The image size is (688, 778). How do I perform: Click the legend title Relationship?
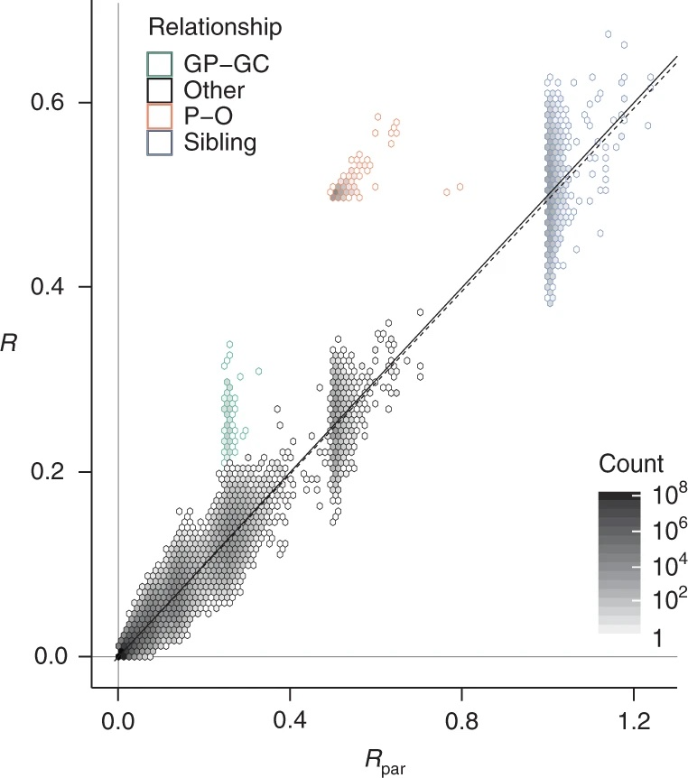(x=215, y=27)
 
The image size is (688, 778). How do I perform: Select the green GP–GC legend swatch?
(x=160, y=64)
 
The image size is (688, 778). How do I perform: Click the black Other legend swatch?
(x=160, y=90)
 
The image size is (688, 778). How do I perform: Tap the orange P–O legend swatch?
(x=160, y=116)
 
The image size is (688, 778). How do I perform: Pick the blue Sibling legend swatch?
(x=160, y=143)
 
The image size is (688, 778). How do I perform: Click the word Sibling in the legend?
(x=220, y=143)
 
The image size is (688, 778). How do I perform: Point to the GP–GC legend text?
(x=227, y=64)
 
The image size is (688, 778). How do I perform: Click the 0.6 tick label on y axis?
(x=48, y=102)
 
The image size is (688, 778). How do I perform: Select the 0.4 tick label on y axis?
(x=48, y=287)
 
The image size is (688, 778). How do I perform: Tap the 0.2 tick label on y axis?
(x=48, y=471)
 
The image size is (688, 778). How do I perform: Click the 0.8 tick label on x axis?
(x=461, y=721)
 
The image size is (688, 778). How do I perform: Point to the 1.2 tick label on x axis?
(x=634, y=721)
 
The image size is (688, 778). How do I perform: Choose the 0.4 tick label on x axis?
(x=290, y=721)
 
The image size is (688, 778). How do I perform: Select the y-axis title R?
(x=9, y=343)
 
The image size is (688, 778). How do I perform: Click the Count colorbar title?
(x=631, y=464)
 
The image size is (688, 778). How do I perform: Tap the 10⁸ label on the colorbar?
(x=663, y=496)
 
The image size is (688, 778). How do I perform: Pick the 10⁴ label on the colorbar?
(x=663, y=566)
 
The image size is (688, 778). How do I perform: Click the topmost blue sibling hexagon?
(x=608, y=34)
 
